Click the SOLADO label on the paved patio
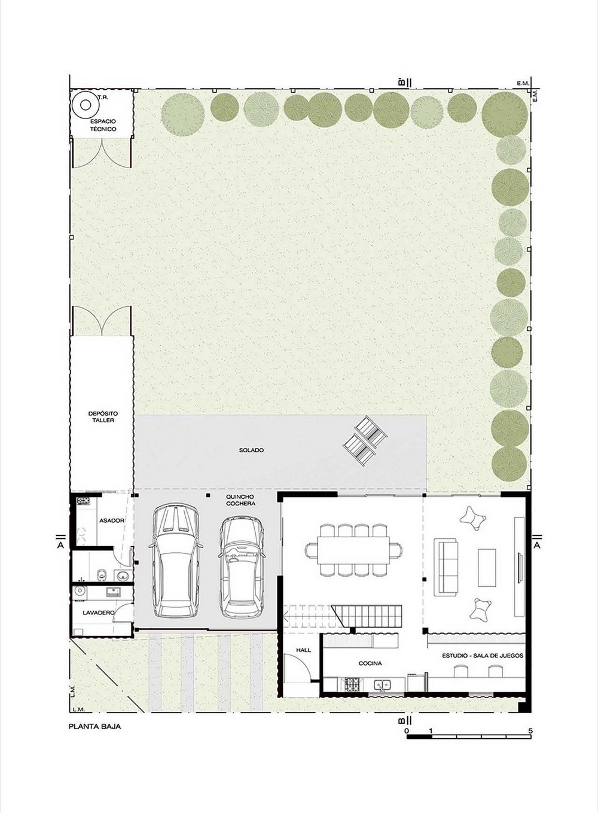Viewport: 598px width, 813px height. tap(251, 450)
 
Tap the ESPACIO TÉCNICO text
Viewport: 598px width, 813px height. tap(103, 125)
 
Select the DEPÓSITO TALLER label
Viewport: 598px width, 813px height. tap(103, 416)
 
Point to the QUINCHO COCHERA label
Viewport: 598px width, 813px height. tap(240, 500)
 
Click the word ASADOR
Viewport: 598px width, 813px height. tap(112, 520)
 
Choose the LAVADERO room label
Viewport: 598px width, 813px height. tap(99, 613)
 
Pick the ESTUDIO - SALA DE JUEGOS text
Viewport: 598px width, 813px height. tap(483, 656)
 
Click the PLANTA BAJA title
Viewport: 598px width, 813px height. tap(94, 727)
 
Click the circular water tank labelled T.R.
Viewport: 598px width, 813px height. tap(86, 105)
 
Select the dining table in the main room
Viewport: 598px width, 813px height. tap(353, 550)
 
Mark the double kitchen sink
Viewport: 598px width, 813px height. tap(383, 684)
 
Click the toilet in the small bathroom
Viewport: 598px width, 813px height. tap(101, 574)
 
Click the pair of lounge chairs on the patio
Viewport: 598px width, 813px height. tap(365, 441)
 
